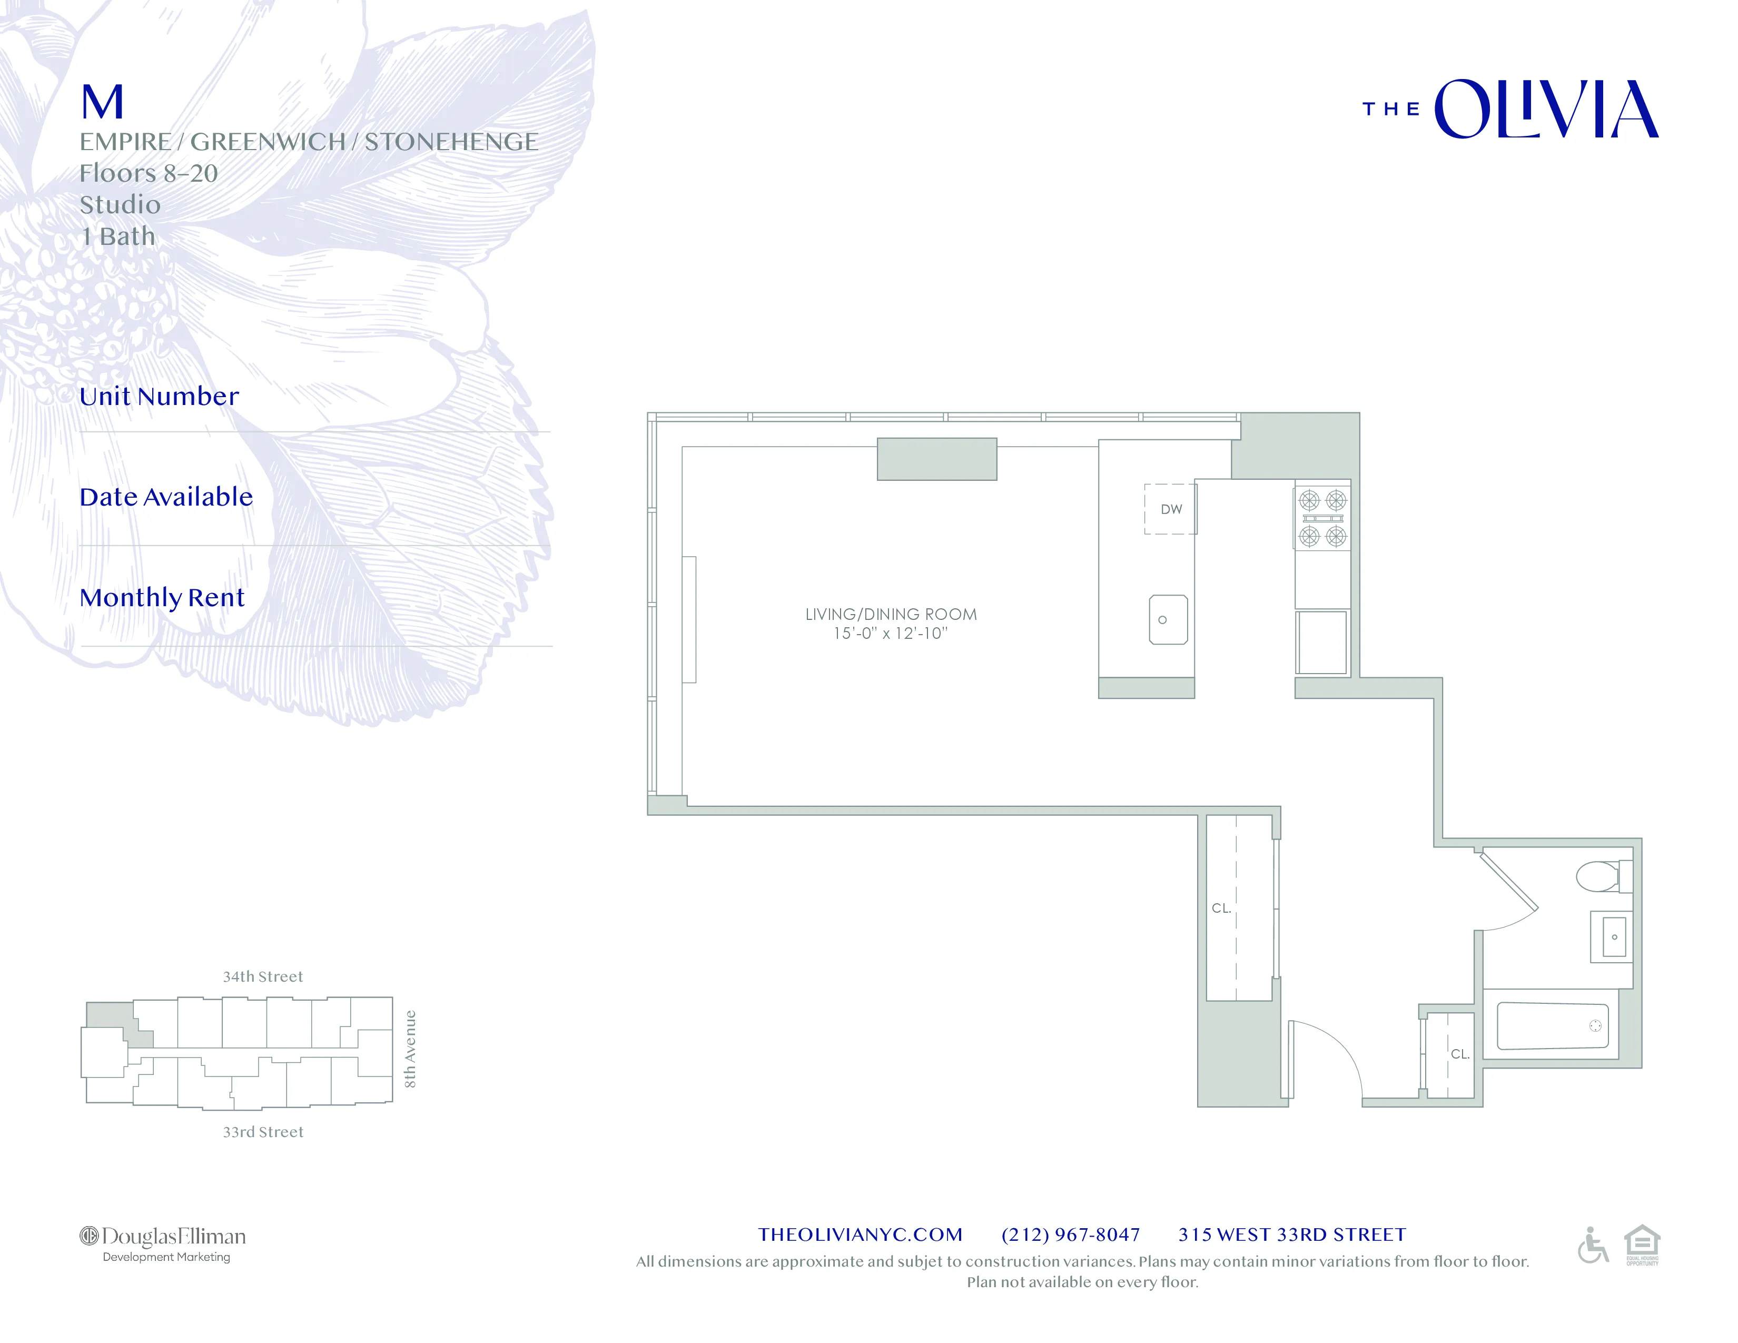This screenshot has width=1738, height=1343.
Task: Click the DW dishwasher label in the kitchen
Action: tap(1171, 509)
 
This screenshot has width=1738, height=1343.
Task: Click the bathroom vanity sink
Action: tap(1612, 936)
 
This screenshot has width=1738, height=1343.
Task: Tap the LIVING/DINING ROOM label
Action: tap(891, 614)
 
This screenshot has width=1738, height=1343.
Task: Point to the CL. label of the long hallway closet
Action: tap(1221, 908)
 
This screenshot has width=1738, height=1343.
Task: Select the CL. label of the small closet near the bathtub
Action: tap(1459, 1054)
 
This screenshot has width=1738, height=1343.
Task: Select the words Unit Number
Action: tap(159, 396)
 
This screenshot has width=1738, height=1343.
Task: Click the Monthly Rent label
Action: tap(162, 598)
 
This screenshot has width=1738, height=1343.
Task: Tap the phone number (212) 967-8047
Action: tap(1070, 1235)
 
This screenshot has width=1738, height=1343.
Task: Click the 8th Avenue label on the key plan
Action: tap(410, 1049)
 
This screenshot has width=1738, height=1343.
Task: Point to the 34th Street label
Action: tap(263, 977)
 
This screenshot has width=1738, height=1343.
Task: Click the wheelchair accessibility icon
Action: tap(1592, 1245)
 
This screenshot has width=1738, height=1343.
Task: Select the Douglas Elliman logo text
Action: tap(164, 1237)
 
